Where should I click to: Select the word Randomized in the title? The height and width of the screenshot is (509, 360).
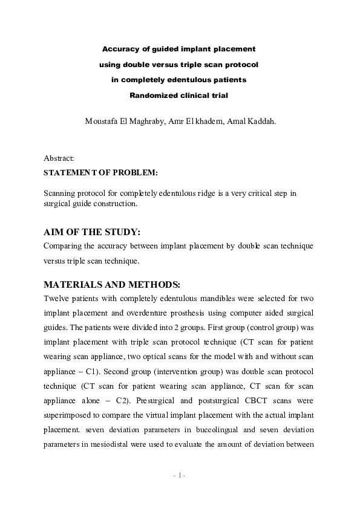pyautogui.click(x=154, y=95)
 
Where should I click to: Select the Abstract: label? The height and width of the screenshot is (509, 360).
pyautogui.click(x=59, y=158)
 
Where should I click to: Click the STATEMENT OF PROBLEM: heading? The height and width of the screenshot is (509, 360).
pyautogui.click(x=100, y=172)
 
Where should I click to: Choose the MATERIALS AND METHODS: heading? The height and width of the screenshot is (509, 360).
pyautogui.click(x=112, y=285)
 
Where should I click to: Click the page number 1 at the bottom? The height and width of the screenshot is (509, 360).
pyautogui.click(x=180, y=475)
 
